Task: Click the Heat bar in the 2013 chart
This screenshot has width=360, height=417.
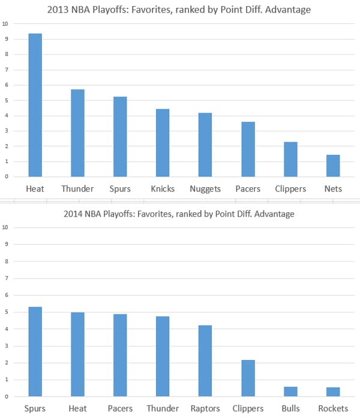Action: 35,105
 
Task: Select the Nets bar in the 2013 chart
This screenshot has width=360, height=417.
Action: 333,166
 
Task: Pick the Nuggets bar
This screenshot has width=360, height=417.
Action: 205,145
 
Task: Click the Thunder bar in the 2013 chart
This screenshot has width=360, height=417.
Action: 77,133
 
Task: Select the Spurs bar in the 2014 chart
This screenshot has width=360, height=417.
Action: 35,352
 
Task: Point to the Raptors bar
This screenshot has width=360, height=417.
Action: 205,361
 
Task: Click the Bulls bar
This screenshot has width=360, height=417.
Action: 290,391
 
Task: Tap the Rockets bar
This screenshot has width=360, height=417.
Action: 333,392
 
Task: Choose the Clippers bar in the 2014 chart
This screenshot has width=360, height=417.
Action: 248,378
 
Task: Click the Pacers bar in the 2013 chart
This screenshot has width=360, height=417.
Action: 248,149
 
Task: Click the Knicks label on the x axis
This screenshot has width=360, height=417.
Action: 163,188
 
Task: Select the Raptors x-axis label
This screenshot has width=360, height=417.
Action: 205,409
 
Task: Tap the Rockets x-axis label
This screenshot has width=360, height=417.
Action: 333,409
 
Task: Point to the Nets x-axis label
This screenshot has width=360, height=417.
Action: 333,188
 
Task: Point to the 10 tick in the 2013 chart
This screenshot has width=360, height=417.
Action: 5,24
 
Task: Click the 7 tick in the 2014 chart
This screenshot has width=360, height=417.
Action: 5,278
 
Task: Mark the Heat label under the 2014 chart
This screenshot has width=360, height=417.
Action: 77,409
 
